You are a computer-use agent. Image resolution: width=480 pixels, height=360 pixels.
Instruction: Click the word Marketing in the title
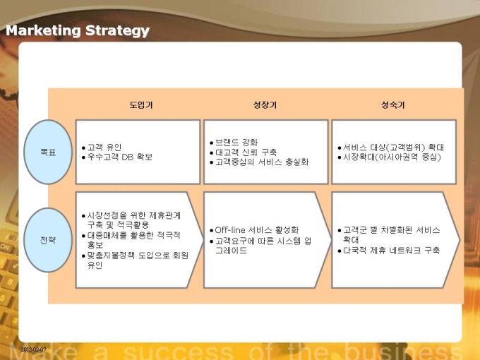coord(43,31)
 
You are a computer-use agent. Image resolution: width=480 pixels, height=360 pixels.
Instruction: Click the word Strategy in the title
coord(118,31)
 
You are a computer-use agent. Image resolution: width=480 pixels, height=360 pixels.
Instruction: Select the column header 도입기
coord(140,105)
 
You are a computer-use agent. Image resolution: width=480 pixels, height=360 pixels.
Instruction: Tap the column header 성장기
coord(265,105)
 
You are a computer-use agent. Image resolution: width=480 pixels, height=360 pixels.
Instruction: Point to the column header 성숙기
coord(392,105)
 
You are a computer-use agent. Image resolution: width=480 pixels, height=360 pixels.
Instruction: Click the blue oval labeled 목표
coord(48,152)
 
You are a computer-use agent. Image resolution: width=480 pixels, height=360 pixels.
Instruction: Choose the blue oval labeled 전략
coord(48,240)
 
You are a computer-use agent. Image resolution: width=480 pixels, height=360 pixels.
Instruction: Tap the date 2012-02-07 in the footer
coord(34,349)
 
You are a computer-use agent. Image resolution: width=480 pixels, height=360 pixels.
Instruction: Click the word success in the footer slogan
coord(179,352)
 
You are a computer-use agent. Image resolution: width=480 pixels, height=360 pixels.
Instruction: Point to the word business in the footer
coord(404,352)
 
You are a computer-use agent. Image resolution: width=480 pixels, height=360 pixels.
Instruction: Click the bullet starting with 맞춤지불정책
coord(135,260)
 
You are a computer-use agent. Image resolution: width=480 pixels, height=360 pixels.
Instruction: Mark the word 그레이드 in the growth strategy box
coord(231,251)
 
